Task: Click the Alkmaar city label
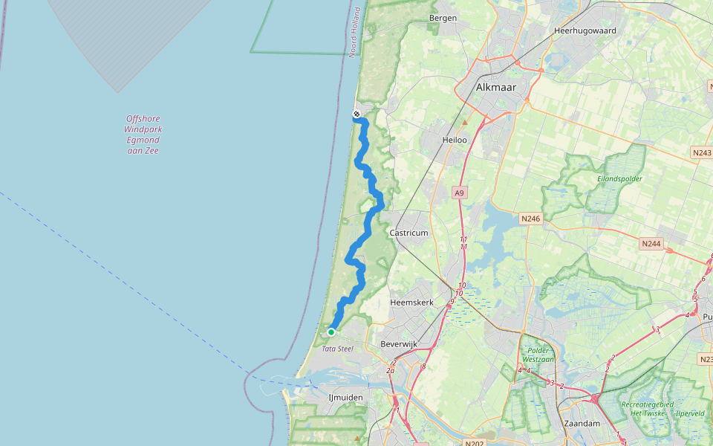tap(496, 87)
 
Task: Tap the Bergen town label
tap(443, 18)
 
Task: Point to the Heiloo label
tap(455, 139)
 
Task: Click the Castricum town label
tap(409, 233)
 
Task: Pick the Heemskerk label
tap(412, 303)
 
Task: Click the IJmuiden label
tap(346, 398)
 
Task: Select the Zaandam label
tap(582, 423)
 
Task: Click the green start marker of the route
tap(331, 332)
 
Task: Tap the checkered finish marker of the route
tap(356, 114)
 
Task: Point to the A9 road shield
tap(460, 193)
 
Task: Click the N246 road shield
tap(530, 219)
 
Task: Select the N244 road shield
tap(651, 243)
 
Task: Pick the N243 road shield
tap(701, 152)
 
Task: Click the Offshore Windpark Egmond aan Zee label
tap(143, 135)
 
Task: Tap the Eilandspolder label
tap(619, 178)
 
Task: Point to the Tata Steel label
tap(336, 349)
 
